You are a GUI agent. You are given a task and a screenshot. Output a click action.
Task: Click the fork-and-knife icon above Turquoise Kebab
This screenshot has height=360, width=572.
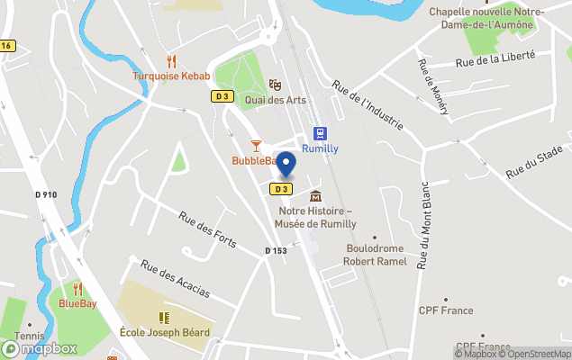tap(171, 61)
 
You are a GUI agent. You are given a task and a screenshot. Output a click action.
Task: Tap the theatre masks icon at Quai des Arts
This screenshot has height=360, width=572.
tap(275, 84)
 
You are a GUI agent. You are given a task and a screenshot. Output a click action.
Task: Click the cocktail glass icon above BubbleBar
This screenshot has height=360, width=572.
tap(256, 146)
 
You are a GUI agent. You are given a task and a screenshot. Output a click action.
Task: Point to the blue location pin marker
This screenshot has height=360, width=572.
tap(286, 166)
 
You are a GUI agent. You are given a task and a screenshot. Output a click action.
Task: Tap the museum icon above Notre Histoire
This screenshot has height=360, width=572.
tap(314, 196)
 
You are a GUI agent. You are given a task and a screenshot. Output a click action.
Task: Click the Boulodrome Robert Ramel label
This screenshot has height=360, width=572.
tap(375, 255)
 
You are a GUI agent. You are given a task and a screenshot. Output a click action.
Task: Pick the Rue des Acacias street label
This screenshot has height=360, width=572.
tap(175, 280)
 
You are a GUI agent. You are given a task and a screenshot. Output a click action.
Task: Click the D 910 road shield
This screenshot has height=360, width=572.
tap(46, 194)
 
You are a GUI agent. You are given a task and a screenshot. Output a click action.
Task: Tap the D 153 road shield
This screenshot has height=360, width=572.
tap(276, 250)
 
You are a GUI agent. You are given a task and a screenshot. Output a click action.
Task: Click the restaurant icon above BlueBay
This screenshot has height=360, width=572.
tap(77, 289)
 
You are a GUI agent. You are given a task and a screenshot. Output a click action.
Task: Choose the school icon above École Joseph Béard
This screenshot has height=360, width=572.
tap(164, 318)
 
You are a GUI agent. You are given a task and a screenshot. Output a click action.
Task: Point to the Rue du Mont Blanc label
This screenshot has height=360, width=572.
tap(424, 224)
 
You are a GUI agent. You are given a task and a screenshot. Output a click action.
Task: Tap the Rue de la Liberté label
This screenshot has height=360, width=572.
tap(495, 58)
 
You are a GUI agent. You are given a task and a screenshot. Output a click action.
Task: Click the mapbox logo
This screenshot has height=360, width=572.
tap(40, 348)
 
